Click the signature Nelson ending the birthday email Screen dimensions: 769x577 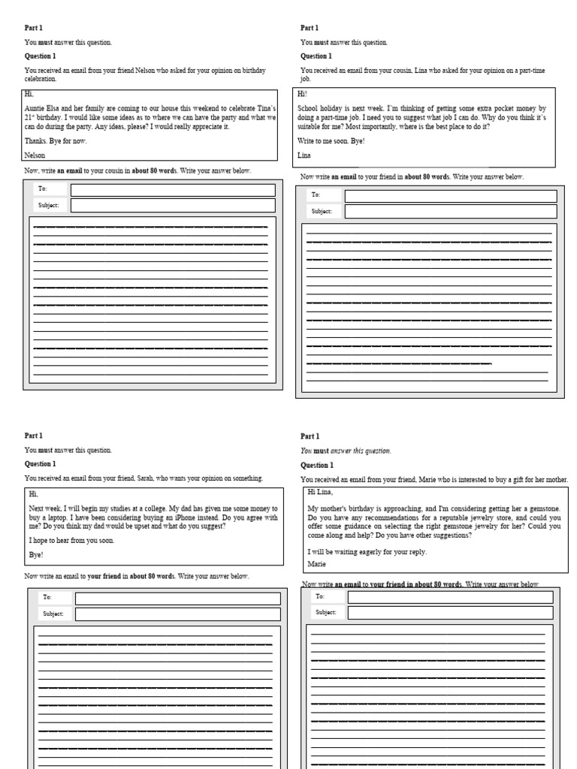(35, 155)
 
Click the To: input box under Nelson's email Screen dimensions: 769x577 (172, 190)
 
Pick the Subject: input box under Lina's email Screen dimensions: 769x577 (451, 212)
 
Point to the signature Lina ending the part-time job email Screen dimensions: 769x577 (304, 155)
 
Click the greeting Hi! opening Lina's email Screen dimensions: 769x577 (303, 94)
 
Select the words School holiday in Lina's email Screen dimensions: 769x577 (323, 108)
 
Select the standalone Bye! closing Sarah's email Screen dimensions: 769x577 (36, 554)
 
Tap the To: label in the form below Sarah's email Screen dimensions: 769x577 (48, 599)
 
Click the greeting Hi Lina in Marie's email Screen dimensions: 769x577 (319, 492)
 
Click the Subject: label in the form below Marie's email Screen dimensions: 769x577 (325, 613)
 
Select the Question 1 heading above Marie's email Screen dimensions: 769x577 (317, 465)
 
